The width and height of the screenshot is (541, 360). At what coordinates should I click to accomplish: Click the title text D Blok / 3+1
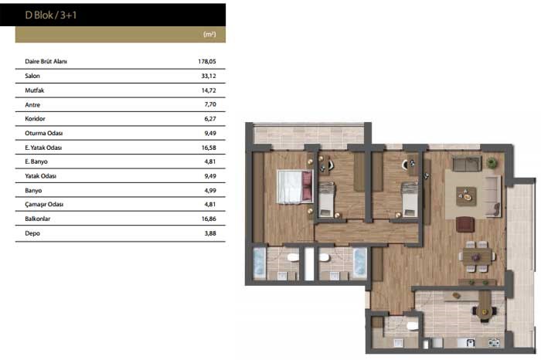[x=51, y=15]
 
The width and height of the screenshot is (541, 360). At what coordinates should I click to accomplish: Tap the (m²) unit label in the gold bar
[x=209, y=34]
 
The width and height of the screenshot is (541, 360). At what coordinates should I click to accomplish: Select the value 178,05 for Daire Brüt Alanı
[x=207, y=61]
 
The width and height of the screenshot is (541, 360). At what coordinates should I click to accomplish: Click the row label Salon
[x=32, y=76]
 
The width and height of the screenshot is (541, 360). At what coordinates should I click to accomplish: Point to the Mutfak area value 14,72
[x=209, y=90]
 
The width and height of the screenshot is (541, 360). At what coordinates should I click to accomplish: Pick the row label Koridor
[x=36, y=119]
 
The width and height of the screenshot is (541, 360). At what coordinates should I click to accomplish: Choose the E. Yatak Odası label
[x=43, y=148]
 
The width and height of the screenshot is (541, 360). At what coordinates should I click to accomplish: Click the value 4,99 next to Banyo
[x=210, y=190]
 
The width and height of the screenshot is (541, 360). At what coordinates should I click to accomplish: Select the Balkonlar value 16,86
[x=209, y=219]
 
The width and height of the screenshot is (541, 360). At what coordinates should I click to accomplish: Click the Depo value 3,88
[x=210, y=233]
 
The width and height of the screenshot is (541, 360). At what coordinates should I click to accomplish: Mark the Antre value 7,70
[x=210, y=104]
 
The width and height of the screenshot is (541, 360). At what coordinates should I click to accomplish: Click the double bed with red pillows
[x=295, y=186]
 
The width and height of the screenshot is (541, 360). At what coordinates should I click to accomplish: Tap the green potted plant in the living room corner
[x=492, y=163]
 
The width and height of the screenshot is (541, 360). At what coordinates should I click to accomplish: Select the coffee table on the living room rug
[x=466, y=196]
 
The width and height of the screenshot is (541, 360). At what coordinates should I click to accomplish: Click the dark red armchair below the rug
[x=465, y=224]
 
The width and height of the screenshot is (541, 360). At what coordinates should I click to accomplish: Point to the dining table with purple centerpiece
[x=477, y=257]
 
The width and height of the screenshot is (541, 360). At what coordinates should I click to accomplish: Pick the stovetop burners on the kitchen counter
[x=494, y=343]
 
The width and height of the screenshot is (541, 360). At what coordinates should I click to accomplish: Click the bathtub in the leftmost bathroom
[x=260, y=263]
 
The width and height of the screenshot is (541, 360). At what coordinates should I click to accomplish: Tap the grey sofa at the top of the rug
[x=467, y=164]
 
